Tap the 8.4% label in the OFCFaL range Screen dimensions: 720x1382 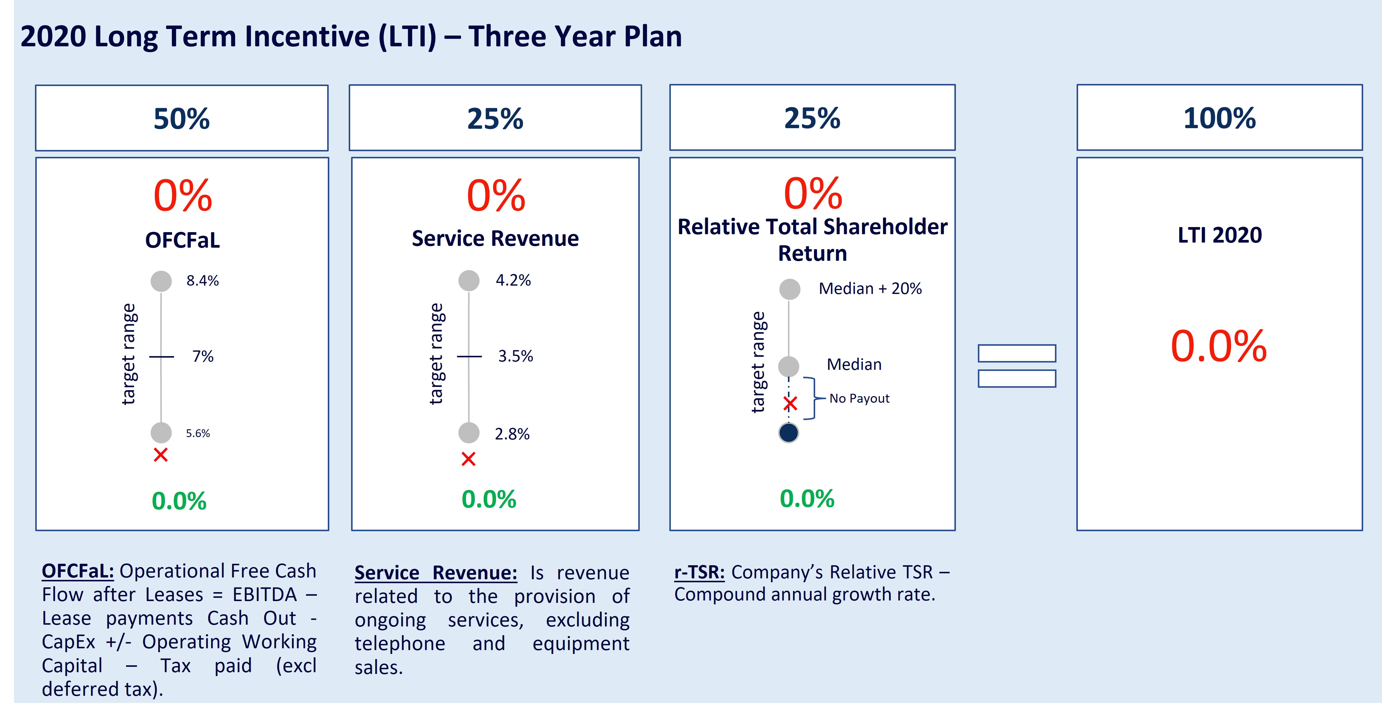point(202,281)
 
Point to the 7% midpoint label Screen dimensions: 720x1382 point(203,356)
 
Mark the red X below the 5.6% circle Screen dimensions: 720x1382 point(160,455)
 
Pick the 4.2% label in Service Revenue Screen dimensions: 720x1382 point(513,280)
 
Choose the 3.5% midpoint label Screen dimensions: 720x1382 point(515,356)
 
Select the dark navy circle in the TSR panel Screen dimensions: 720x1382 point(788,432)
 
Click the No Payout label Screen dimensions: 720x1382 point(859,399)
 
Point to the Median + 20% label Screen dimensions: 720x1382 point(870,289)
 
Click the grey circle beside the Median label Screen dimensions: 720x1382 point(788,367)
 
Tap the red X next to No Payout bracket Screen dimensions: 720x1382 point(790,403)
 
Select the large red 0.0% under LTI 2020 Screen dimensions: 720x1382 point(1218,347)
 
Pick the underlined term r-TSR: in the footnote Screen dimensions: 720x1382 point(699,572)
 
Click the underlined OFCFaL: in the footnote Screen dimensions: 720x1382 point(78,571)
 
